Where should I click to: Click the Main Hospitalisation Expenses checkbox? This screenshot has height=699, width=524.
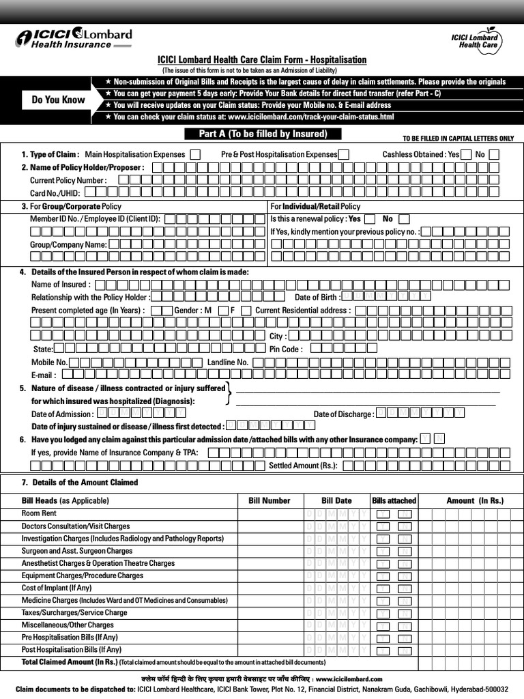(x=196, y=154)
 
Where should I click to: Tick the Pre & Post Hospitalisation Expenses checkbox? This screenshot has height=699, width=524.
(x=344, y=154)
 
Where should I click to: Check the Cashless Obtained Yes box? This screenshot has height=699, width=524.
(x=466, y=154)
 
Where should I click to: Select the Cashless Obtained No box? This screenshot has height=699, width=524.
(x=494, y=154)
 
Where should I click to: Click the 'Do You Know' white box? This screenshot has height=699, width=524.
(x=59, y=100)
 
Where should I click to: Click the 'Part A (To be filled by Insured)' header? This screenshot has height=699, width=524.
(x=263, y=134)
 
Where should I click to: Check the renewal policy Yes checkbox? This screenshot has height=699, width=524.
(x=370, y=219)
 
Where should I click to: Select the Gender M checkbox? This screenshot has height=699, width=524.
(x=223, y=310)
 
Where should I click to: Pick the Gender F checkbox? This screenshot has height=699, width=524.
(x=246, y=310)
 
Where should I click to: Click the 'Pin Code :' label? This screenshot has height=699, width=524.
(x=286, y=349)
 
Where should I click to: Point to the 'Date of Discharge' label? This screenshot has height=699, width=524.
(x=343, y=414)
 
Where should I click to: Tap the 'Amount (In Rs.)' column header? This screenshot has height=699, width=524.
(x=475, y=500)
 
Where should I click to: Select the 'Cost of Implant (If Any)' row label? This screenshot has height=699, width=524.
(x=57, y=588)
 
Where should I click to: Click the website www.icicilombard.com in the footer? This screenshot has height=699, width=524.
(x=349, y=679)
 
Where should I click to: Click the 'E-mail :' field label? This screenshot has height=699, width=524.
(x=44, y=375)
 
